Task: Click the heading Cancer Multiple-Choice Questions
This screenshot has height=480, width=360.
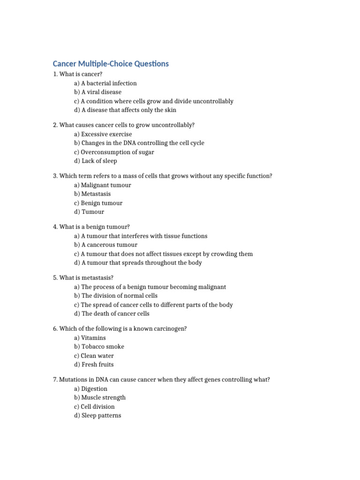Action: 111,63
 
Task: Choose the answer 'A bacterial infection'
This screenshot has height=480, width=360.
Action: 105,83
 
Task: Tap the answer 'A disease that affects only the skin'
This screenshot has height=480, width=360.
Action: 125,110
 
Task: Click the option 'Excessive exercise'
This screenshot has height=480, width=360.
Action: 103,134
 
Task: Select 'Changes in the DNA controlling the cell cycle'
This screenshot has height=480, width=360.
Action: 139,143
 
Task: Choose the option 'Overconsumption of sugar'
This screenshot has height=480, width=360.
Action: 114,152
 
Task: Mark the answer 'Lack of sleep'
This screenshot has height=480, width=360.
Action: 96,161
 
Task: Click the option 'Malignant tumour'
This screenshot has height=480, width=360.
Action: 102,185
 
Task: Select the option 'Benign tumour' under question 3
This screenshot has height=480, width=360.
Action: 98,203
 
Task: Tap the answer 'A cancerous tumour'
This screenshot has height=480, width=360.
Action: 105,245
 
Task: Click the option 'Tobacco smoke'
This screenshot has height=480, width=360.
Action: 99,346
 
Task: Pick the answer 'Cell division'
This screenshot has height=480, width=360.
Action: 94,406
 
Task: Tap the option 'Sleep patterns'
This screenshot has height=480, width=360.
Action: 97,415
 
